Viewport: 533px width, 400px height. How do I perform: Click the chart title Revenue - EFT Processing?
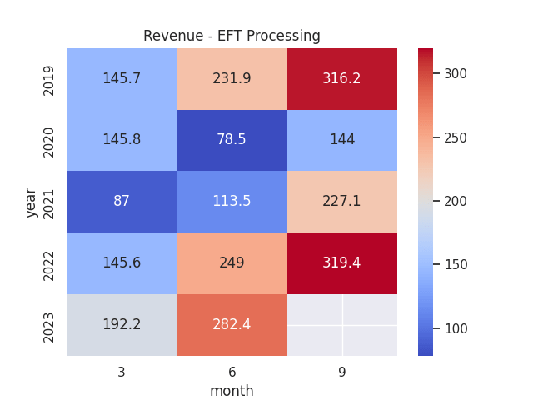tap(232, 36)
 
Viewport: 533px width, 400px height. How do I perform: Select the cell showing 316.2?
tap(342, 79)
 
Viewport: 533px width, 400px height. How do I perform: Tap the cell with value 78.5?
tap(232, 140)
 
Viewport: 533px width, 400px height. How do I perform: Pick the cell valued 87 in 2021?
tap(122, 202)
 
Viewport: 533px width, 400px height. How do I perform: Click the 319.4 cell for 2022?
tap(342, 263)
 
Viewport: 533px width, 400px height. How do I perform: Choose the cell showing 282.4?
tap(232, 325)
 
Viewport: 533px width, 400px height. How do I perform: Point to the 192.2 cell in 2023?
tap(122, 325)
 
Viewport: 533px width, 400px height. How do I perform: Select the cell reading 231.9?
tap(232, 79)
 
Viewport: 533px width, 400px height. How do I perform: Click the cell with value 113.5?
tap(232, 202)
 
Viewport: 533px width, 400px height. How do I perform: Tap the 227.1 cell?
tap(342, 202)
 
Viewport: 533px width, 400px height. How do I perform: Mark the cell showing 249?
tap(232, 263)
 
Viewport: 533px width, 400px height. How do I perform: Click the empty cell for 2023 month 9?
tap(342, 325)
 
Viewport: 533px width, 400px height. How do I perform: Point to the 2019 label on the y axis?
tap(49, 79)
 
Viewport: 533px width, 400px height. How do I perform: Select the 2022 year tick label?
tap(49, 263)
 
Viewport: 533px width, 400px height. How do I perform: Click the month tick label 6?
tap(232, 372)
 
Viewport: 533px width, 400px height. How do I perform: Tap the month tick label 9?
tap(342, 372)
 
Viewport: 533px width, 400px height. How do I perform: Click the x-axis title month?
tap(232, 391)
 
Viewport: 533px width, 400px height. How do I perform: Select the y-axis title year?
tap(31, 202)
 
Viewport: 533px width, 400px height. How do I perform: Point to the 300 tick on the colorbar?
tap(455, 74)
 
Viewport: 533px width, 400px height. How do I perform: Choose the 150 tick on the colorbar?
tap(455, 265)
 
